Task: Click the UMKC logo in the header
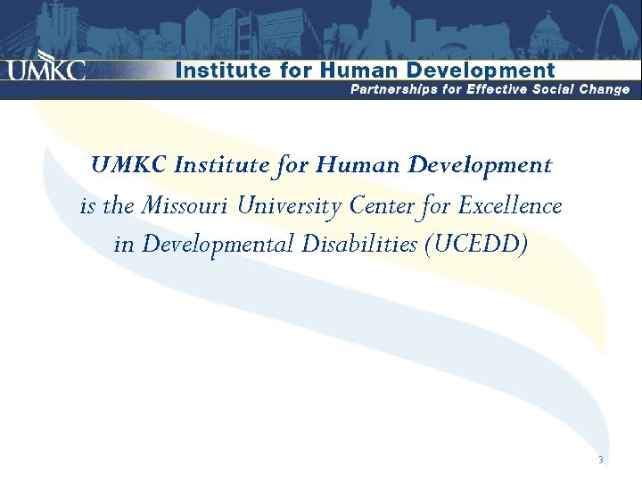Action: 47,69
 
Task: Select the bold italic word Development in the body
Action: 480,166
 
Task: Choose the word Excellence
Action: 509,207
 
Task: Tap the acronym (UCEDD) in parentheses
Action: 477,244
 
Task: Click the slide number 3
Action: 601,461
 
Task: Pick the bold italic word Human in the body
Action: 360,166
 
